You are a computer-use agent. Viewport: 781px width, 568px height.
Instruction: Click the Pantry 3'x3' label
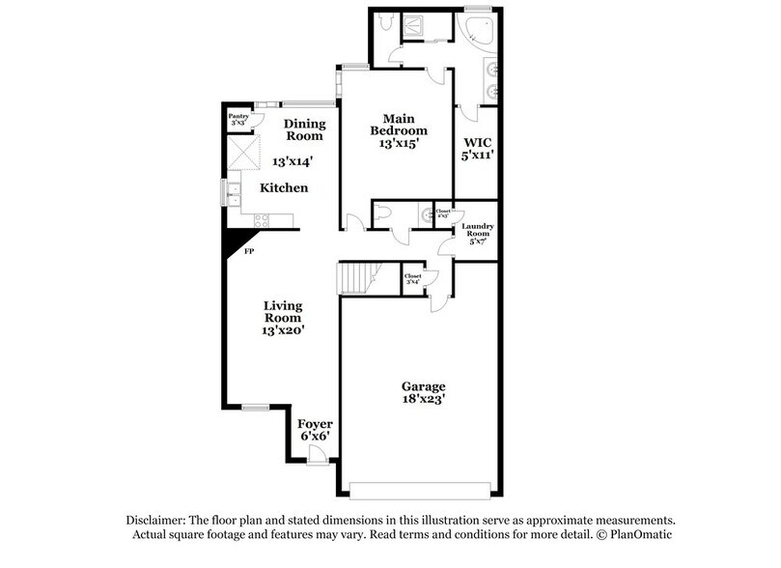(238, 119)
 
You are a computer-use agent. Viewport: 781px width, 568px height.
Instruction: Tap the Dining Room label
(303, 129)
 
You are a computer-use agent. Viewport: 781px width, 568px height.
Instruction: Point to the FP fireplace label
(248, 251)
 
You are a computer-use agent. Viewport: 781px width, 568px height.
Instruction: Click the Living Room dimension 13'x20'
(284, 329)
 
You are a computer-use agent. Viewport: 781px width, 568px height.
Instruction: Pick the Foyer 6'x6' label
(314, 429)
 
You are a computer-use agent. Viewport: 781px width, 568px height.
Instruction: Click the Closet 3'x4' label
(413, 279)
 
